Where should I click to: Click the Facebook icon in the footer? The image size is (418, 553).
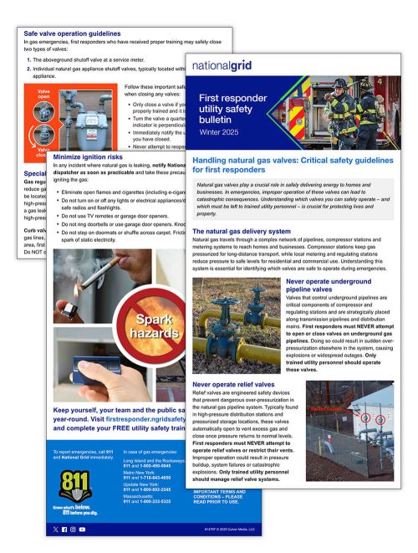(x=73, y=530)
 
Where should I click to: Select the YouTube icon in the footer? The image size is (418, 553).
(x=91, y=530)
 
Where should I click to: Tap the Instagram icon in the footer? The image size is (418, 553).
(x=82, y=530)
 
